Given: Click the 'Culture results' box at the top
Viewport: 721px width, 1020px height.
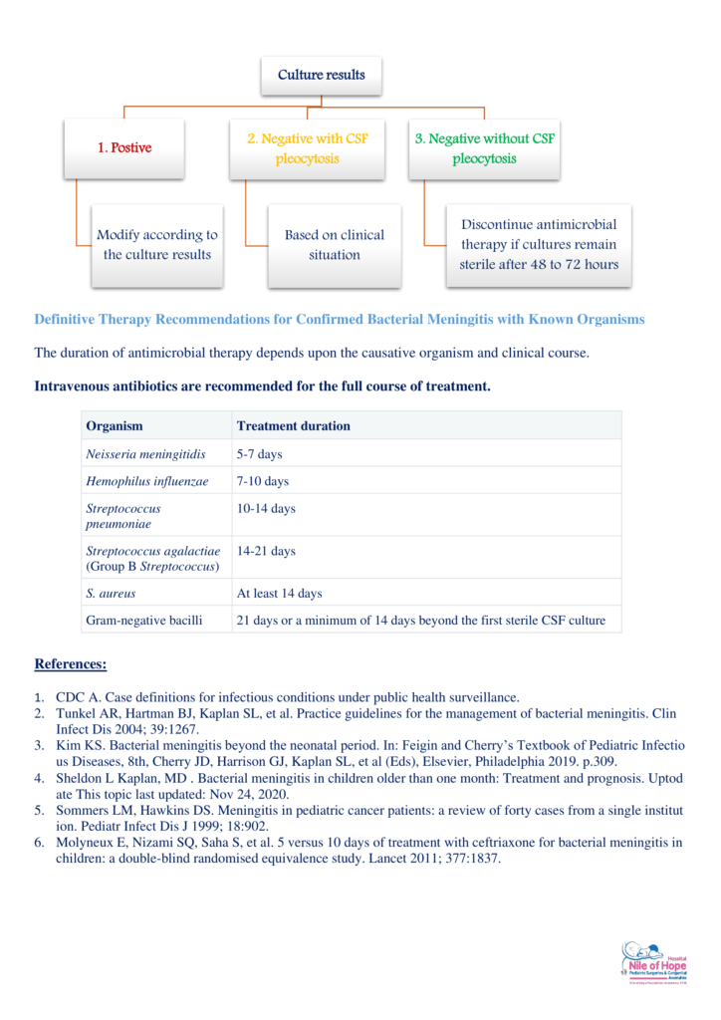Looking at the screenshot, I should pyautogui.click(x=322, y=75).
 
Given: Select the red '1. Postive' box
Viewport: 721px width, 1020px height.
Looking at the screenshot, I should pyautogui.click(x=124, y=147).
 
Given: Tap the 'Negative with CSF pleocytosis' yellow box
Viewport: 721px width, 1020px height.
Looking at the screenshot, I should pyautogui.click(x=308, y=148).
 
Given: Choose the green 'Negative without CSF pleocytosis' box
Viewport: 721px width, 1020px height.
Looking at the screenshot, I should pyautogui.click(x=485, y=148).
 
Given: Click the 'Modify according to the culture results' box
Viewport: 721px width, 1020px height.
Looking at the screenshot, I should pyautogui.click(x=156, y=244).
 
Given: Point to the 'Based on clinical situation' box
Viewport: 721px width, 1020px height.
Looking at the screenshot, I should pyautogui.click(x=335, y=244).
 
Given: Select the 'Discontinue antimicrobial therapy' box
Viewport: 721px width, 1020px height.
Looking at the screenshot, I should pyautogui.click(x=539, y=244).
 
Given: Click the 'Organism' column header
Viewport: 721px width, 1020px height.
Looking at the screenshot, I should pyautogui.click(x=115, y=425).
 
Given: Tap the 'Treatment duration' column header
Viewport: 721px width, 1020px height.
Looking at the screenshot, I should pyautogui.click(x=294, y=425).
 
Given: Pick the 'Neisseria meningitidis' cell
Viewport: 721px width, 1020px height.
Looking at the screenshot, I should pyautogui.click(x=145, y=453).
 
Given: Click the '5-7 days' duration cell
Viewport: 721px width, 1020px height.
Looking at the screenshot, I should pyautogui.click(x=259, y=453).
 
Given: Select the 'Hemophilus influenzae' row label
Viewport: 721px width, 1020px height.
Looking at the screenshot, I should pyautogui.click(x=147, y=481).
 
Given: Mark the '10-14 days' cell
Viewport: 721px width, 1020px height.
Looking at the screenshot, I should pyautogui.click(x=266, y=509).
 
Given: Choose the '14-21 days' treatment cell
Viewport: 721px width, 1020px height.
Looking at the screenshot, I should pyautogui.click(x=266, y=551).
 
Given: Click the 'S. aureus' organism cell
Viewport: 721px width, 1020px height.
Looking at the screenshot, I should pyautogui.click(x=109, y=594).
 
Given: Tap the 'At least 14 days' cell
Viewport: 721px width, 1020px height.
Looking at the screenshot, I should pyautogui.click(x=280, y=594).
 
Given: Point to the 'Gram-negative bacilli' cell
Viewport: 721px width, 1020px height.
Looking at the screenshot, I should pyautogui.click(x=144, y=621).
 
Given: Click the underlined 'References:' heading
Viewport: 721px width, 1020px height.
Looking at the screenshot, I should pyautogui.click(x=71, y=663).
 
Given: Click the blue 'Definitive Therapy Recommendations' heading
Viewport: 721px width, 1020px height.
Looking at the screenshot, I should pyautogui.click(x=339, y=320).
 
